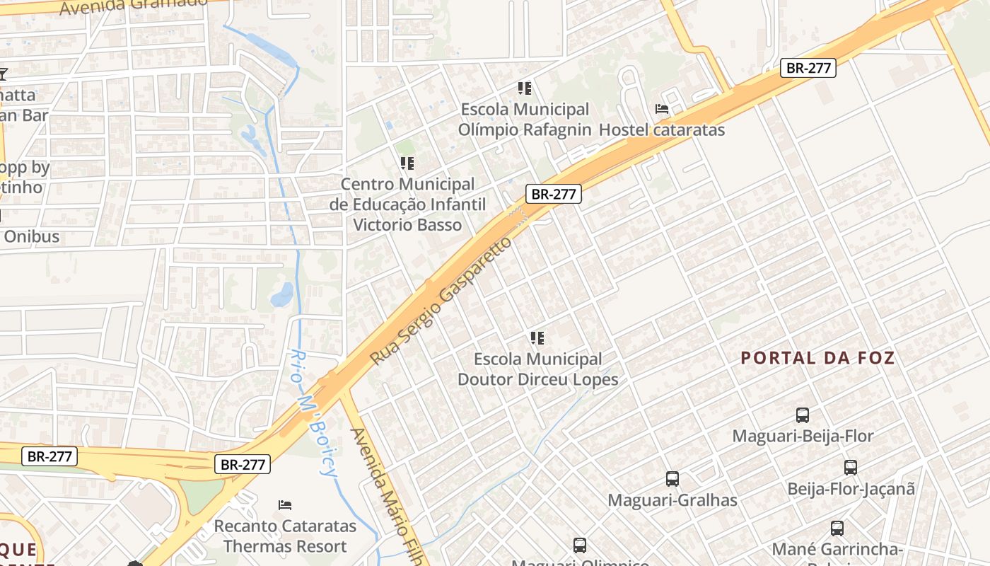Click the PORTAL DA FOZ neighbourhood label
817,358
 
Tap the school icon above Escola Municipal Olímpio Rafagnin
524,88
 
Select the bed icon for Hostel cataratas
662,109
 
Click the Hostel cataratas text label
662,130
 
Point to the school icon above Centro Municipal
407,163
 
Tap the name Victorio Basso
407,225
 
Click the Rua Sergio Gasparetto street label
440,301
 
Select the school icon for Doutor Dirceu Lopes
537,338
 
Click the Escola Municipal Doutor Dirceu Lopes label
537,369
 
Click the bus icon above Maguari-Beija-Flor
803,415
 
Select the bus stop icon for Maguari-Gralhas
672,479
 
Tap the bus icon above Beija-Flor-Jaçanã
851,468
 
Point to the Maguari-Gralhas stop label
672,500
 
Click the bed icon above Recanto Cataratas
285,505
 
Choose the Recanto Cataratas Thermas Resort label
285,536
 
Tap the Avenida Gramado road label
134,6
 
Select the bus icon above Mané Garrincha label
837,529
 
